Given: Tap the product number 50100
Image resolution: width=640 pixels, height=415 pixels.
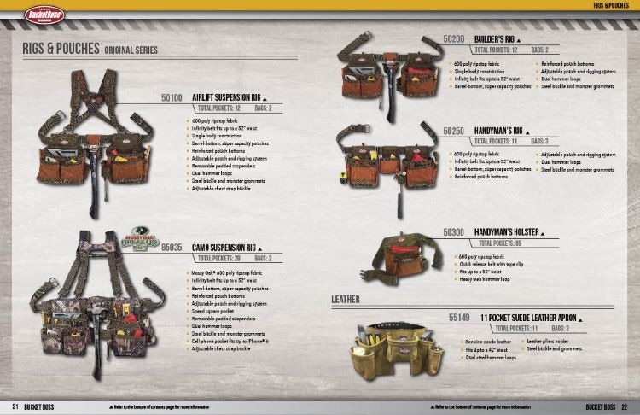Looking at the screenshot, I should click(x=172, y=97).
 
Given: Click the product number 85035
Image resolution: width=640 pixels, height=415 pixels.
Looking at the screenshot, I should click(x=172, y=245).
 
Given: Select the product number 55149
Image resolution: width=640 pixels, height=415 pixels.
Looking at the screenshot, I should click(x=461, y=317).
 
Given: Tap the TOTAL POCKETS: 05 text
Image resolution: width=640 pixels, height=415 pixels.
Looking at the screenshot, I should click(x=509, y=243).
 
